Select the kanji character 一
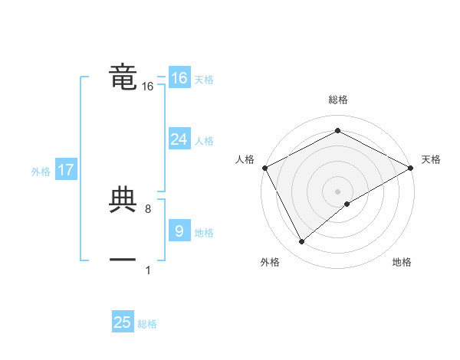(123, 260)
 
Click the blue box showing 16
(179, 78)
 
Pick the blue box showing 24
(179, 139)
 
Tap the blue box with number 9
(179, 231)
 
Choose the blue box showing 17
(66, 170)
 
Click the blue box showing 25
(123, 322)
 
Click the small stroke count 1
(147, 270)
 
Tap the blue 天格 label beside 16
(204, 80)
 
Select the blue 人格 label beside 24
(204, 141)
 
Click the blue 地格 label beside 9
(204, 233)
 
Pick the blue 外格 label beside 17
(41, 172)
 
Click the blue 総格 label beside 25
(147, 324)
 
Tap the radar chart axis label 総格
(337, 100)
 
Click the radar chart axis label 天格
(431, 159)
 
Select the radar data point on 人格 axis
(264, 167)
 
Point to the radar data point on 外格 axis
(302, 242)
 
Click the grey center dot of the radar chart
(337, 191)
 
